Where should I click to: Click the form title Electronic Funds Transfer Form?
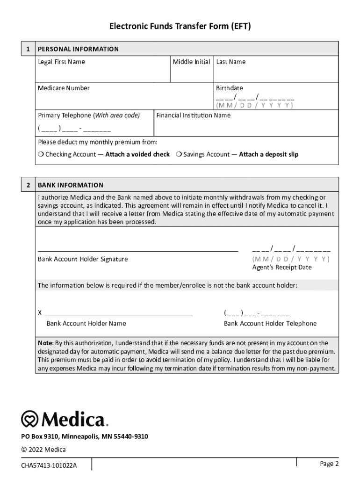pos(180,27)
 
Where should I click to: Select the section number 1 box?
pos(29,49)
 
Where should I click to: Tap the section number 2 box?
pos(29,185)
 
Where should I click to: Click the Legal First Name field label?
pos(61,62)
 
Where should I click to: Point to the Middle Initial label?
pos(191,62)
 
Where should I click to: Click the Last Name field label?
pos(230,62)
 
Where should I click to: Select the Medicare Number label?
pos(64,88)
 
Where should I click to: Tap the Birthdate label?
pos(229,88)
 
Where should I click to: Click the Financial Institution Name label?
pos(193,115)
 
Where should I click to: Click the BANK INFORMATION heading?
pos(71,185)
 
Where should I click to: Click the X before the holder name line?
pos(40,312)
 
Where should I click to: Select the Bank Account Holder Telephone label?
pos(270,323)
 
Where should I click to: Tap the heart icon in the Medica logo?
pos(30,419)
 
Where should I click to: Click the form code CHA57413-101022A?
pos(49,465)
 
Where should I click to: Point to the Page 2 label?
pos(329,464)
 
